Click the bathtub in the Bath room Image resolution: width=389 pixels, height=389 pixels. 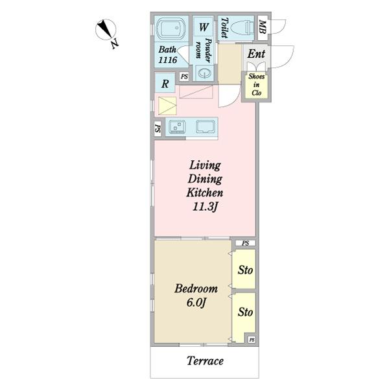171,29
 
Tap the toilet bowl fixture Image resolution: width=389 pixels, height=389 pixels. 241,27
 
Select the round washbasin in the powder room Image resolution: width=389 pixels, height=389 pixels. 205,73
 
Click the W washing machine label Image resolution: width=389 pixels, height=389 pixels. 203,27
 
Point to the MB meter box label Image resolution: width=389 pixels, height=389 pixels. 263,27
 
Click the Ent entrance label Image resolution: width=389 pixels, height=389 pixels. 256,54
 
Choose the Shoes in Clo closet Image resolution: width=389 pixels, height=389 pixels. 256,84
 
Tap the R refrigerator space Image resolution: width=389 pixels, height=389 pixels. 165,84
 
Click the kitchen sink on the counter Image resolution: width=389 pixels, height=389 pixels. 205,127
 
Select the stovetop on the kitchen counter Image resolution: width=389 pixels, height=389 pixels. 177,127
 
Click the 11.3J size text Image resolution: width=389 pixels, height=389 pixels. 205,206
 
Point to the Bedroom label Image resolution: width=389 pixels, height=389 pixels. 196,289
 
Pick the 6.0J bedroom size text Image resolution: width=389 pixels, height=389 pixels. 196,302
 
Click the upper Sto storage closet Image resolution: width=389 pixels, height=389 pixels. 244,269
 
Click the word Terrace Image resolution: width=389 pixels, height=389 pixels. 205,360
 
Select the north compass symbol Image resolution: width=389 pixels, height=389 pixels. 106,30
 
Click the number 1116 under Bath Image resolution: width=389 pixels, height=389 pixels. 168,60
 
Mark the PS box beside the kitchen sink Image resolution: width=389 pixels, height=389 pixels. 158,128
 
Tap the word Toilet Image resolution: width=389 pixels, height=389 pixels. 224,27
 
